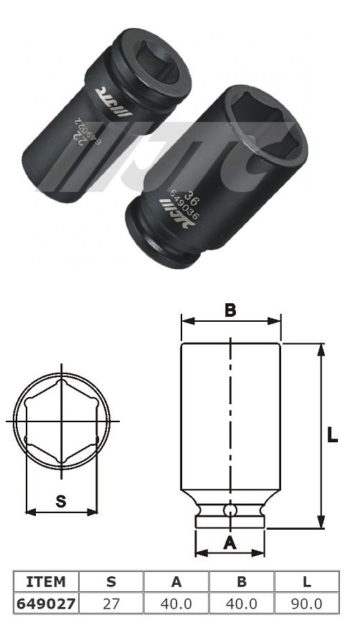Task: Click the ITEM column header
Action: pos(45,581)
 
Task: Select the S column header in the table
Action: pos(110,581)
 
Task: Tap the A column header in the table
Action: pos(176,581)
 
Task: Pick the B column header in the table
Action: pos(241,581)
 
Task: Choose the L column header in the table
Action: pos(306,581)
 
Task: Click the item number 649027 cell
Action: pos(45,603)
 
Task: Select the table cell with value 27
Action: pos(110,603)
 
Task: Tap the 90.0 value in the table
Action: pos(306,603)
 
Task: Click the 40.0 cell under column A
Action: pos(176,603)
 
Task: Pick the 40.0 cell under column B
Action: pos(241,603)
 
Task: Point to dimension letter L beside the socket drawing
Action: pos(332,435)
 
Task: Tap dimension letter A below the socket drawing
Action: pos(229,543)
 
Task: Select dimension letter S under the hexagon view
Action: pos(61,502)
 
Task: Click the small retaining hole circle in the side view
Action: pos(229,510)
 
